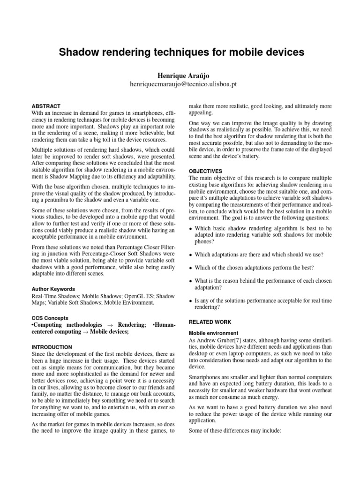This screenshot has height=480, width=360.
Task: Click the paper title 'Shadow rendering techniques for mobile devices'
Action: [181, 52]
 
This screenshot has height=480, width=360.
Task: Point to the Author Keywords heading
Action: [53, 289]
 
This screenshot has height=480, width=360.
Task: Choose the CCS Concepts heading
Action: [49, 318]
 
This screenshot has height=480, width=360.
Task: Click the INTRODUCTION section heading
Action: [52, 347]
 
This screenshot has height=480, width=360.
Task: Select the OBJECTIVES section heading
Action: [205, 171]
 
